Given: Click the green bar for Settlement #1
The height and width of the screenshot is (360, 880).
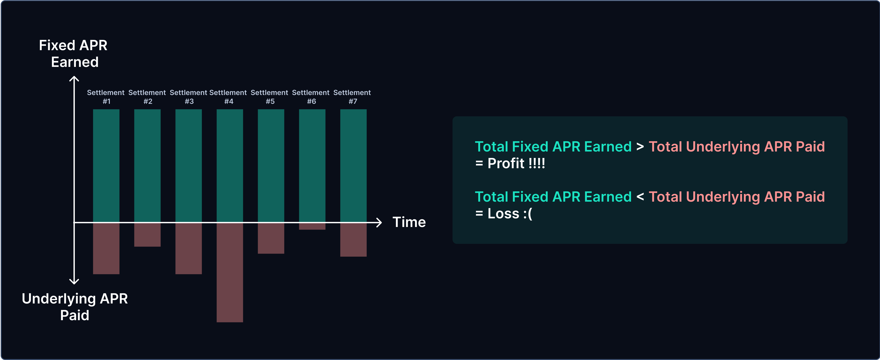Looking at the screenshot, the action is pos(106,166).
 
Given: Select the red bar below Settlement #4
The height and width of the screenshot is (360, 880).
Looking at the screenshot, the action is pos(230,272).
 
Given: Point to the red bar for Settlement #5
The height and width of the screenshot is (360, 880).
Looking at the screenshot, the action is pos(271,238).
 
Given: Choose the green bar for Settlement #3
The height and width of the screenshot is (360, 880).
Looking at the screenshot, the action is pos(188,166).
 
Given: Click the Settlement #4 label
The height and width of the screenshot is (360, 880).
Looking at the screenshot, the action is pos(228,97).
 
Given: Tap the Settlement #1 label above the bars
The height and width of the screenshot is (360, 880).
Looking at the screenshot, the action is pos(106,97).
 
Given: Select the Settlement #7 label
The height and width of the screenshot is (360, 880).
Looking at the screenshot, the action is pos(352,97).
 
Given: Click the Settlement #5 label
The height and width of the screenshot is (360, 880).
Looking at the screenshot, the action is pos(269,97).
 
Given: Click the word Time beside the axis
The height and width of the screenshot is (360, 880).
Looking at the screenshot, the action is pos(409,222).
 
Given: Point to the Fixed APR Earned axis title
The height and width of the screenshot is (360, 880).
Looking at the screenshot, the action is pos(73,54).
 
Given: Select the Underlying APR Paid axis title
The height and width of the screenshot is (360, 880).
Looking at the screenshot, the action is pos(75,307).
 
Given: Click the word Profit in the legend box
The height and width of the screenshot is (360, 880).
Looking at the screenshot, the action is pos(506,163).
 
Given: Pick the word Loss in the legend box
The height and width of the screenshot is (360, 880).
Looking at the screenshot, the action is pos(503,214).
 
